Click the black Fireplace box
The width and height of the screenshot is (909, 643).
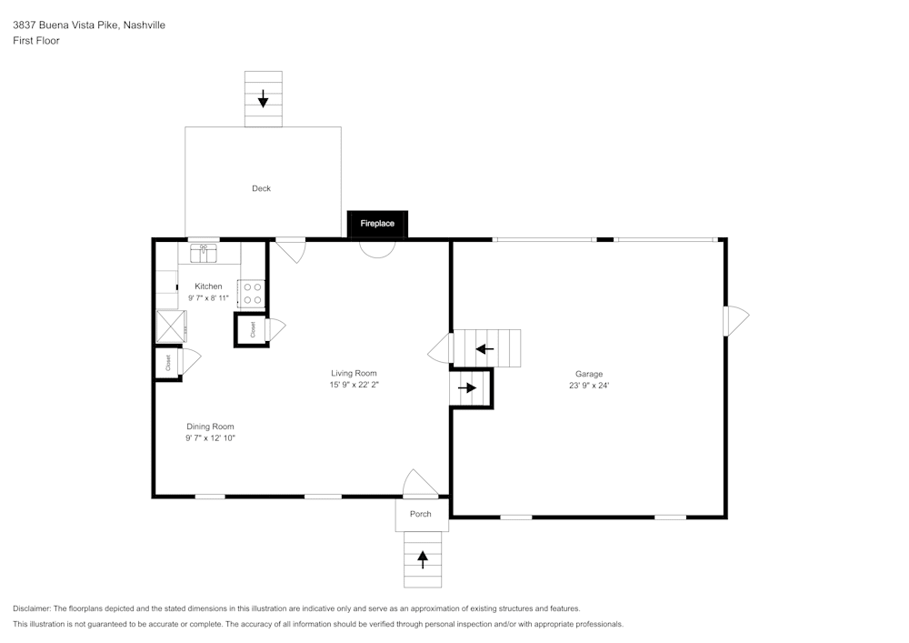[377, 224]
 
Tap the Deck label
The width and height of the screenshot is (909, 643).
[261, 189]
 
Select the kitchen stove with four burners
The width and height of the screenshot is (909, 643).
[253, 293]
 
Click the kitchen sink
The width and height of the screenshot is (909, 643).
[204, 253]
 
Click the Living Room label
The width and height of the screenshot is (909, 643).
[354, 373]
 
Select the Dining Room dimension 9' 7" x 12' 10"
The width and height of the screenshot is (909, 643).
[210, 438]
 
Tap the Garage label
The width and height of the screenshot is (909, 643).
[588, 374]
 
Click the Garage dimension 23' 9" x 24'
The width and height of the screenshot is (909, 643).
[588, 386]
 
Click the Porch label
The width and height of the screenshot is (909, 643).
[421, 515]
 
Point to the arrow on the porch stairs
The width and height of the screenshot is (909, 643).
[423, 558]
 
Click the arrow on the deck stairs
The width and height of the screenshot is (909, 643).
[263, 98]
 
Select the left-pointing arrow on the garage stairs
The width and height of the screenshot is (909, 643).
[484, 348]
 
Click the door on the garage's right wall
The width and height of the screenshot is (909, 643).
[734, 321]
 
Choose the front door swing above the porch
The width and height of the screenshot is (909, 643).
[418, 485]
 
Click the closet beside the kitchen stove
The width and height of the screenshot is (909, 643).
[251, 329]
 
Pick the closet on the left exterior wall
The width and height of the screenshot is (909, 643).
[168, 363]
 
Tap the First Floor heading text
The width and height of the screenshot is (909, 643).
[36, 41]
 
